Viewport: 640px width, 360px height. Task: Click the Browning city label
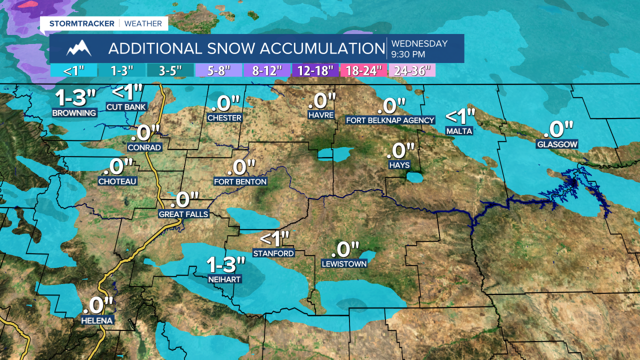click(x=74, y=113)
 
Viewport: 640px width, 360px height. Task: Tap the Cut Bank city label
click(x=126, y=106)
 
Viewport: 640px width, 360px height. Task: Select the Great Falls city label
click(x=183, y=214)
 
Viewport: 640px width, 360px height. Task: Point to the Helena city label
click(x=97, y=320)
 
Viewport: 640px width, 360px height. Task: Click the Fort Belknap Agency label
click(x=390, y=120)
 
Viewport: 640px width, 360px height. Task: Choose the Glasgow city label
click(x=557, y=144)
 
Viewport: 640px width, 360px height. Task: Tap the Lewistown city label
click(x=344, y=263)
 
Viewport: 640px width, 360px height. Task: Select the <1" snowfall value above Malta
click(x=460, y=117)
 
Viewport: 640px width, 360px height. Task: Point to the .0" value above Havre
click(x=321, y=101)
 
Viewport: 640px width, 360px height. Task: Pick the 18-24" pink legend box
click(x=363, y=70)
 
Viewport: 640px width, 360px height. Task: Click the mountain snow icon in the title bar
click(x=79, y=48)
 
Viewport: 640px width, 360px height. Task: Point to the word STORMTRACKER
click(x=81, y=23)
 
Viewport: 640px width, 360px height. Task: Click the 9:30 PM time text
click(x=408, y=54)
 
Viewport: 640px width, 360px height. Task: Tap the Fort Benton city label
click(x=240, y=181)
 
